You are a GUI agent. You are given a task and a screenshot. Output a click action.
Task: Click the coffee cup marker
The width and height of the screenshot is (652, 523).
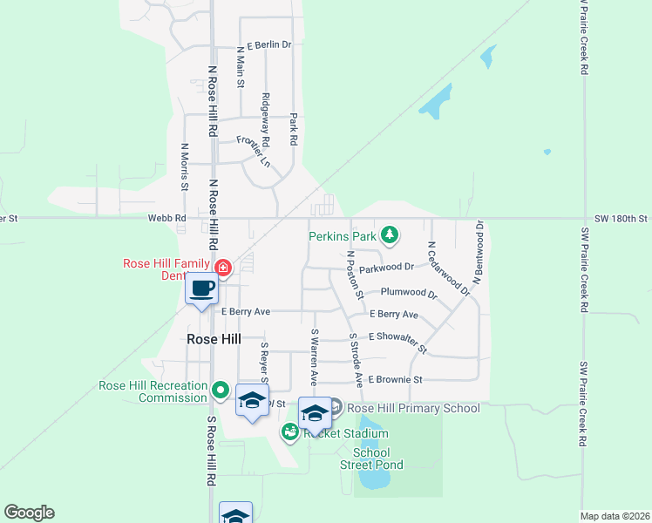pos(201,289)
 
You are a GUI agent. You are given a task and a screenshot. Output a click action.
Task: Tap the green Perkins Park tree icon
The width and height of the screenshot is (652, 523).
pos(391,235)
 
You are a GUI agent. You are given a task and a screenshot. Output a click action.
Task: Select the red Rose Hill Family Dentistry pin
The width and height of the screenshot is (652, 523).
pos(223,267)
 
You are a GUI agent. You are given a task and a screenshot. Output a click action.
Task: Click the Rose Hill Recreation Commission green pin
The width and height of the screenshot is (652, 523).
pos(221,390)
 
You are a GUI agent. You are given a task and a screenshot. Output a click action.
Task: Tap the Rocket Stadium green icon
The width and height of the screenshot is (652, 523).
pos(289,432)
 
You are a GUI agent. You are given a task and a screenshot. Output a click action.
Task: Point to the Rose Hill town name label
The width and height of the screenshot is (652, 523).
pos(214,338)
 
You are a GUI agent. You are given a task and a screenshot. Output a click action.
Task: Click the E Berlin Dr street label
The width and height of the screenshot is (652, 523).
pos(268,44)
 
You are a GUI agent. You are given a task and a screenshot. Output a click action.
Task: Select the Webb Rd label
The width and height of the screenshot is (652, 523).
pos(167,218)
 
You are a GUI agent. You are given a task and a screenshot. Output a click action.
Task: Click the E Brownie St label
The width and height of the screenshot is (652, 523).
pos(395,379)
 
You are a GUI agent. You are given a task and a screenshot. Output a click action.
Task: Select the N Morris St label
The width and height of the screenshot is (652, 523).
pos(184,166)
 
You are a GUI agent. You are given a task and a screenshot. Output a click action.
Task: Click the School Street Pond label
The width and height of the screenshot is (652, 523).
pos(377,458)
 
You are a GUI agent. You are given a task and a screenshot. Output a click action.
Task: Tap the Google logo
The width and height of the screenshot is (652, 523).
pos(29,513)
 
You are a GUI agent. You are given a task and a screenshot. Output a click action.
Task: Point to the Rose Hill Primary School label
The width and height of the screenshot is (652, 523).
pos(413,408)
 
